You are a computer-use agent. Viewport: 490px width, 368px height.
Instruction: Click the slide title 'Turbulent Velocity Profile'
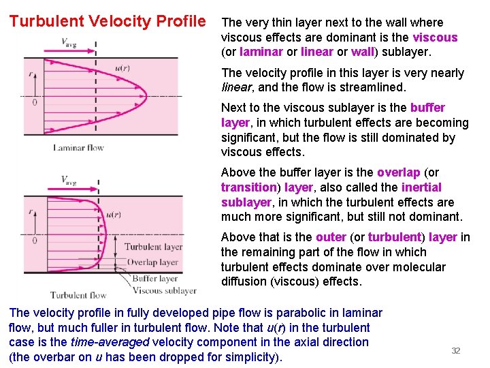coord(108,21)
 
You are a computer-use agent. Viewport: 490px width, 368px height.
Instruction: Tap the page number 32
coord(456,350)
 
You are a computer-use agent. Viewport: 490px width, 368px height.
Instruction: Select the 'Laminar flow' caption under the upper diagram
coord(78,148)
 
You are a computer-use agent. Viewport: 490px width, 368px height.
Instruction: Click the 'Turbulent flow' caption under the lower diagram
coord(78,295)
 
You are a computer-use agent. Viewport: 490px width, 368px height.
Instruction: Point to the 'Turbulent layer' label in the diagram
coord(153,247)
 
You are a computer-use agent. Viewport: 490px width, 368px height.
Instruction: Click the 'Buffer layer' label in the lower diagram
coord(155,278)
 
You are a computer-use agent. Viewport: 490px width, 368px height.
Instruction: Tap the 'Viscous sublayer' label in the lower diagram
coord(163,291)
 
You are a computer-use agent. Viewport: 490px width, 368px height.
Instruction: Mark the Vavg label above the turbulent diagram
coord(69,180)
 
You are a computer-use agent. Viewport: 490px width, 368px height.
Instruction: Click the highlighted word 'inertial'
coord(421,187)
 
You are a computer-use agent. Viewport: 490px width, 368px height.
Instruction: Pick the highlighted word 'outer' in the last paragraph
coord(331,237)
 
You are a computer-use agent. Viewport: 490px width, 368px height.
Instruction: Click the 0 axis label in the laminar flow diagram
coord(35,102)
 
